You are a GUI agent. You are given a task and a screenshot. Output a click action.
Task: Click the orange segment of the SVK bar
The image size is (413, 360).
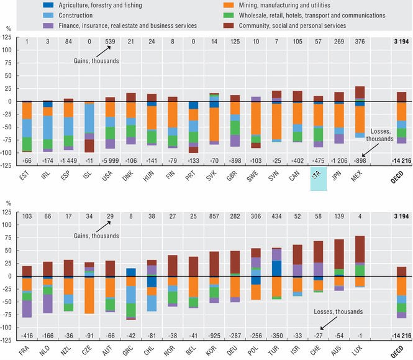click(x=214, y=124)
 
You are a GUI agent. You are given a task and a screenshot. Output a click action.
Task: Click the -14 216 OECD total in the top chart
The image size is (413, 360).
click(x=399, y=160)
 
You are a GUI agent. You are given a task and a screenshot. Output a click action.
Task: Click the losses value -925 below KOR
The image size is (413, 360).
click(x=214, y=335)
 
